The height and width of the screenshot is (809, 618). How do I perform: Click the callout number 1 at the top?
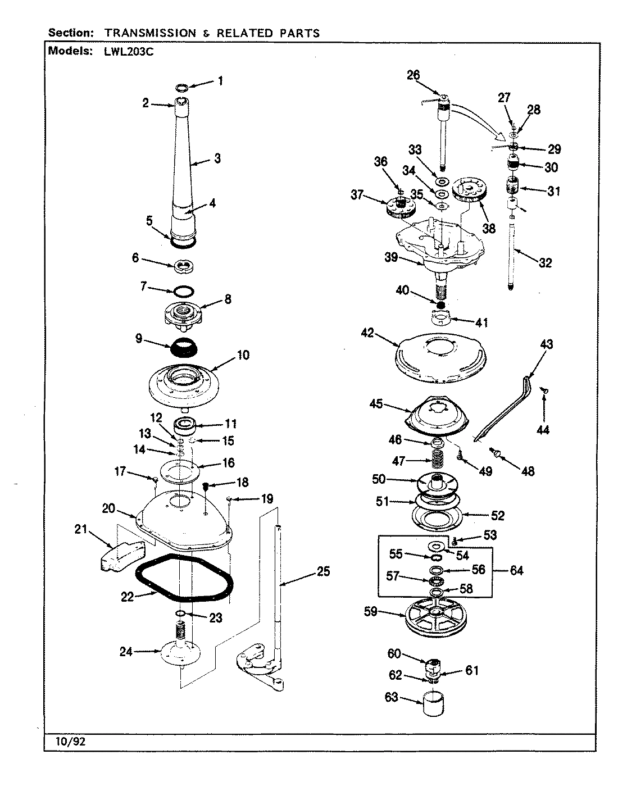220,81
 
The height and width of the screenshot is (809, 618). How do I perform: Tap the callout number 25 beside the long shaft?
323,572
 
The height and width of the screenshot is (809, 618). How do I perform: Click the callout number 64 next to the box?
516,570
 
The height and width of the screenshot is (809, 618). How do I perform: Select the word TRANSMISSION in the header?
149,33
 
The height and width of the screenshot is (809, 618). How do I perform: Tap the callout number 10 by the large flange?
243,355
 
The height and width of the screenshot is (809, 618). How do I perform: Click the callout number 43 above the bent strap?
546,344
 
